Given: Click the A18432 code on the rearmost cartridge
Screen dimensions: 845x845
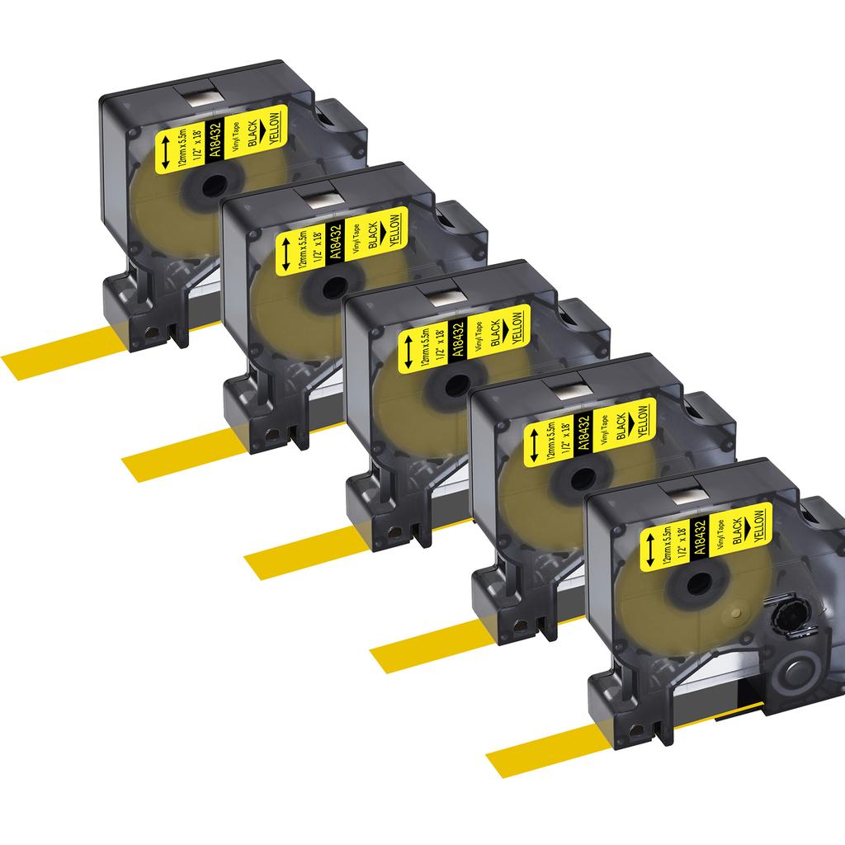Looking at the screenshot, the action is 215,139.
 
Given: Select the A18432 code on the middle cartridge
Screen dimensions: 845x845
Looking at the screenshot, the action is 458,339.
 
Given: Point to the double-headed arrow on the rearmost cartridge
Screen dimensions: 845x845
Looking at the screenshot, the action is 166,153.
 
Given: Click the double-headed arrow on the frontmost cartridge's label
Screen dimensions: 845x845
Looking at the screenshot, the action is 650,550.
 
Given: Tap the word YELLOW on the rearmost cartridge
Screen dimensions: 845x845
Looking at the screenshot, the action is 275,128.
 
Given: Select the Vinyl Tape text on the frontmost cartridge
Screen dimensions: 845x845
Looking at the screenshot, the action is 723,536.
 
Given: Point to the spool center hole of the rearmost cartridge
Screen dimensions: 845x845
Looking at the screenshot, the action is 214,185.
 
